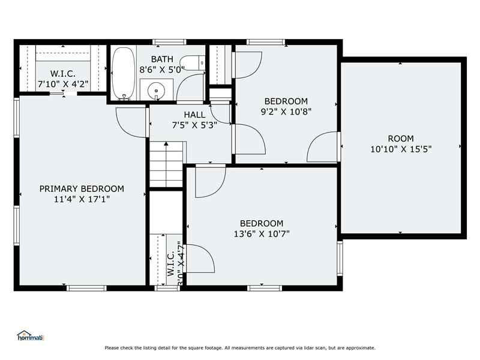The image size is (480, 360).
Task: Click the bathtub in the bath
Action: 123,73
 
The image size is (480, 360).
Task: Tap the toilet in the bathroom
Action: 193,63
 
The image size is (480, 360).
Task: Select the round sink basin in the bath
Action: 156,91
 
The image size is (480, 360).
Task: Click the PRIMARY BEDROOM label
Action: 82,188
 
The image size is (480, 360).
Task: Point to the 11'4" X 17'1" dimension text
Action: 82,199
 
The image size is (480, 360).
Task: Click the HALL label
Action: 194,115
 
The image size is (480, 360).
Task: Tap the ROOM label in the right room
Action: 401,139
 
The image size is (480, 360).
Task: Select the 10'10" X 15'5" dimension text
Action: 401,149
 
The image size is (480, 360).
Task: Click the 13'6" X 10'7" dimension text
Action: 262,234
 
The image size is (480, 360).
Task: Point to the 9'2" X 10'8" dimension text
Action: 286,112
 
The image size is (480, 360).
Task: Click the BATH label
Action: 162,59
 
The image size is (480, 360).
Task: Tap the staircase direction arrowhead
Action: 166,143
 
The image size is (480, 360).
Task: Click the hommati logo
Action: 31,336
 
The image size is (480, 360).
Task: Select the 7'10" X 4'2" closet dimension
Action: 63,84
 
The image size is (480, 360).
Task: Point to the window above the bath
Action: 169,42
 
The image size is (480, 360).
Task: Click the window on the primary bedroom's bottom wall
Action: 86,288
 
